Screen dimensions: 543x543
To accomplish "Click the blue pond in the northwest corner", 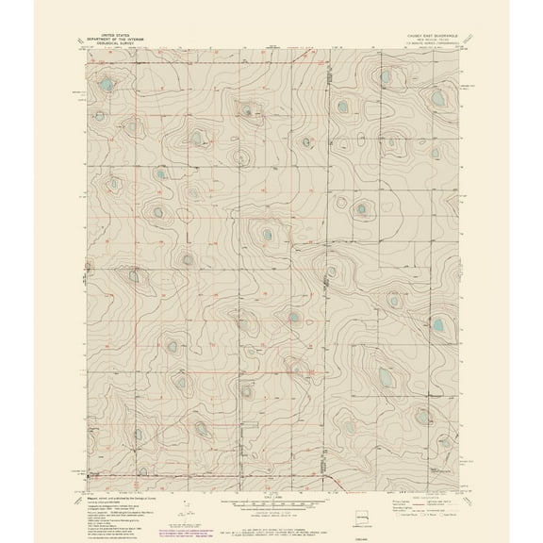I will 107,86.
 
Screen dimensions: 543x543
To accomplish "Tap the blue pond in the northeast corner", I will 385,76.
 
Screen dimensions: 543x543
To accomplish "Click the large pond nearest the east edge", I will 437,326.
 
